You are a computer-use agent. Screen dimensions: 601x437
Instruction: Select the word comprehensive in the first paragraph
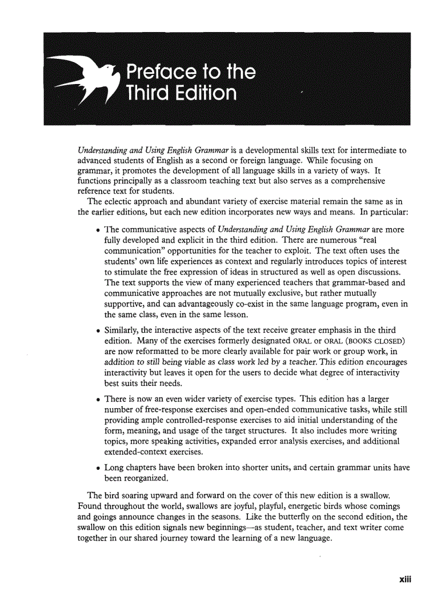pyautogui.click(x=363, y=181)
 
